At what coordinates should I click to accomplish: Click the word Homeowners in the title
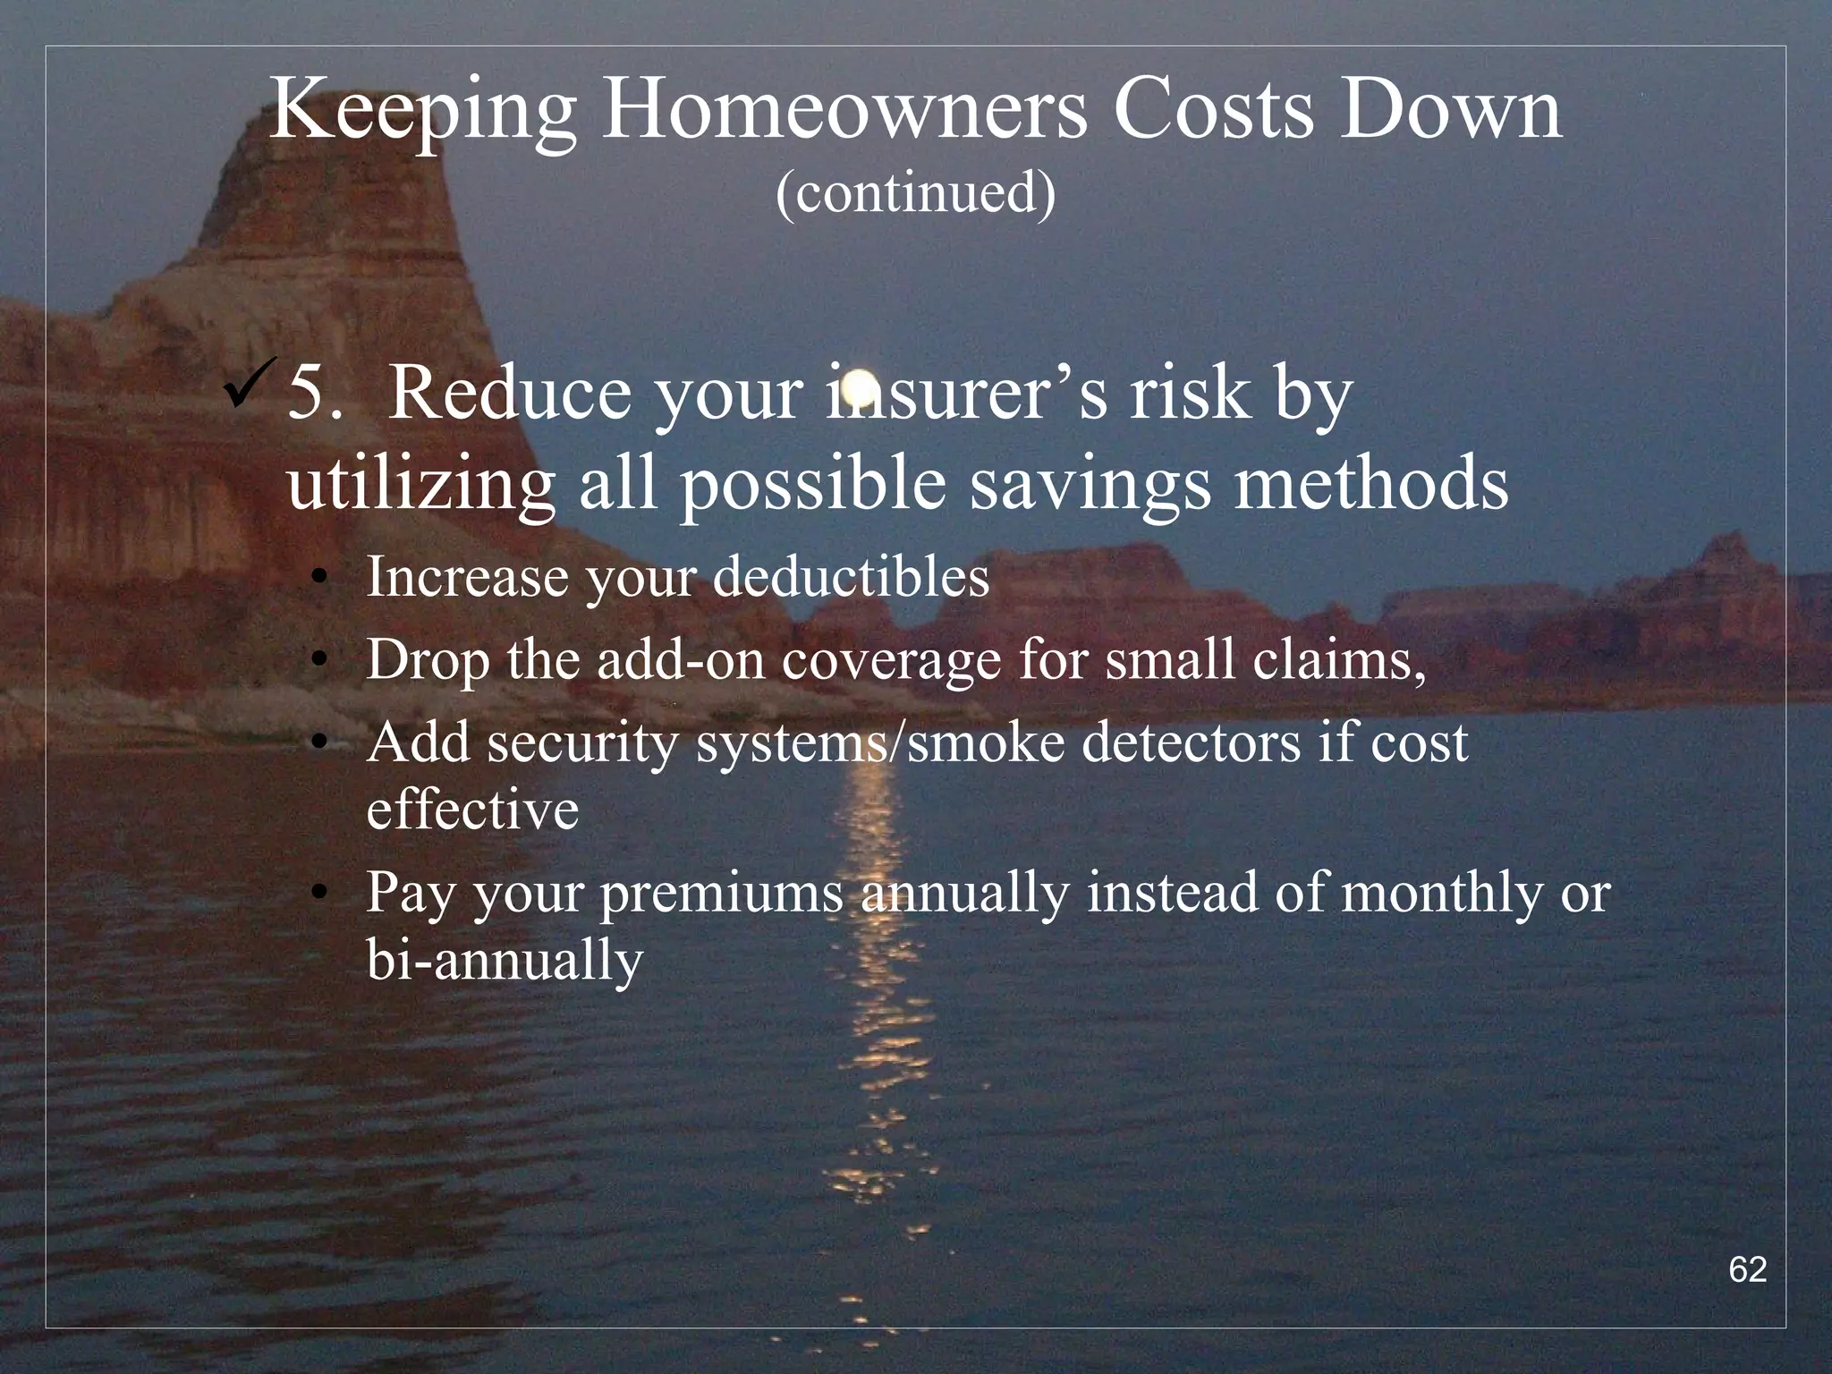pos(844,111)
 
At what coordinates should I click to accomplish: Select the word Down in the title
pos(1450,111)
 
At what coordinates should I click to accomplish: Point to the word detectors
pos(1191,742)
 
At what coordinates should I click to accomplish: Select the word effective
pos(472,810)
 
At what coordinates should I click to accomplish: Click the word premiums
pos(721,895)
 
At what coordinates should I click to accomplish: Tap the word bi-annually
pos(505,961)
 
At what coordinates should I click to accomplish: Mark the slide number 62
pos(1747,1269)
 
